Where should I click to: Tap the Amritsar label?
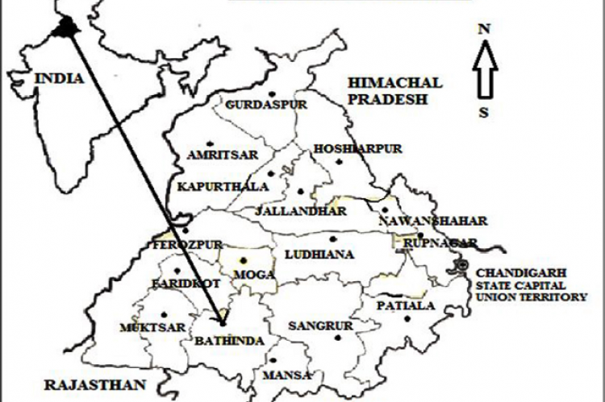tap(217, 155)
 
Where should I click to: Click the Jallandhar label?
tap(300, 211)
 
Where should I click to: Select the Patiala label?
tap(406, 306)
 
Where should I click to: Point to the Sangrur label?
tap(321, 326)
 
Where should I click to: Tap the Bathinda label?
tap(230, 341)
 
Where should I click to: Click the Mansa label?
tap(286, 375)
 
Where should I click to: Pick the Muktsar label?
tap(152, 328)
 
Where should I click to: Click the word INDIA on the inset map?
tap(57, 78)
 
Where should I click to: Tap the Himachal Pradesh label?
tap(394, 91)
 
